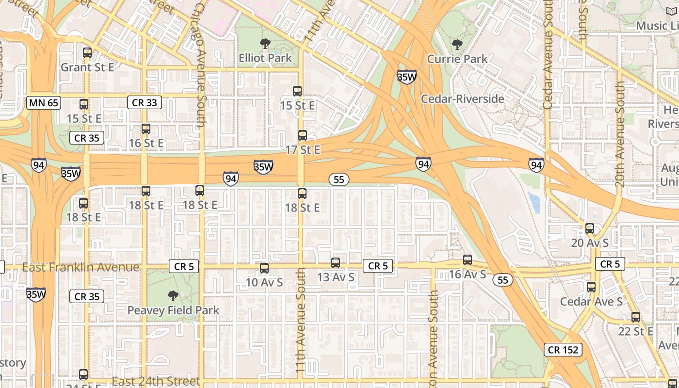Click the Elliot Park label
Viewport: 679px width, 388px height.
click(265, 58)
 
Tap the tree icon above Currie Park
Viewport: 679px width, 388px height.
click(457, 45)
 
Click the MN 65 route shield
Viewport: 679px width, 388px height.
click(44, 102)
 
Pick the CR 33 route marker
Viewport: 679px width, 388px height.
click(145, 102)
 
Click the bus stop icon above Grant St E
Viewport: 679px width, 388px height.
click(87, 53)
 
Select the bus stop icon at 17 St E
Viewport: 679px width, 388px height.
click(303, 135)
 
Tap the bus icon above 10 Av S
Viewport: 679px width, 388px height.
click(264, 268)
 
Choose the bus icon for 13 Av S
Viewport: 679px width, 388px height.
click(336, 263)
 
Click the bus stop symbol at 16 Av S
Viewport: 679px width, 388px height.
click(468, 260)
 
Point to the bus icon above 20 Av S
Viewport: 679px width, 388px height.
click(590, 228)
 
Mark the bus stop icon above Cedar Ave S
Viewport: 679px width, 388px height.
click(591, 287)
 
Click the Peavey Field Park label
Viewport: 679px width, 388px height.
click(173, 310)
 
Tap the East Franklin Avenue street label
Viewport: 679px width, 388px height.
click(81, 267)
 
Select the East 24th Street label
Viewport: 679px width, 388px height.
click(156, 381)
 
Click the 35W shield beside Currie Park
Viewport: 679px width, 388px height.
click(406, 77)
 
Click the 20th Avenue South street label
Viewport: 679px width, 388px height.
click(620, 134)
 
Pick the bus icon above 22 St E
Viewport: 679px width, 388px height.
click(635, 317)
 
